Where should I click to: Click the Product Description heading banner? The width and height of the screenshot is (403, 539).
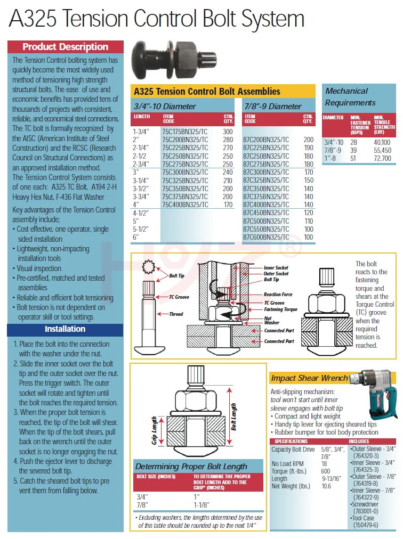point(65,47)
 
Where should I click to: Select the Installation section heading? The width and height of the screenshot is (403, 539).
point(65,329)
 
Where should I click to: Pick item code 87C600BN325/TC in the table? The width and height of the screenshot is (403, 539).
point(266,237)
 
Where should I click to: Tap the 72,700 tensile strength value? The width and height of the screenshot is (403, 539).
point(382,159)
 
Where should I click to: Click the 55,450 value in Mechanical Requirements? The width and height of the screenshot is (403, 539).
point(382,151)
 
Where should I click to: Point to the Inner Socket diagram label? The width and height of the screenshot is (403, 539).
point(276,268)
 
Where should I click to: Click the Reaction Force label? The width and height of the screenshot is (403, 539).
point(278,295)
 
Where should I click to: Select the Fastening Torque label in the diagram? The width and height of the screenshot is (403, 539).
point(280,309)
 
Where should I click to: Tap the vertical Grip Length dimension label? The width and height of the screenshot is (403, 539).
point(155,430)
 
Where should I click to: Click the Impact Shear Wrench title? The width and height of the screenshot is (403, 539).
point(309,378)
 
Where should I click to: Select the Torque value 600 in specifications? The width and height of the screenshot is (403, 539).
point(326,471)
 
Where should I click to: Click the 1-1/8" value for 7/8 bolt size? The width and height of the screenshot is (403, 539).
point(201,505)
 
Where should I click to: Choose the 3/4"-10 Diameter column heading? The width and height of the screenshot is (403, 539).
point(165,106)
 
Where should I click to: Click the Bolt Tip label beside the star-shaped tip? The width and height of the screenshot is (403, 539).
point(176,276)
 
